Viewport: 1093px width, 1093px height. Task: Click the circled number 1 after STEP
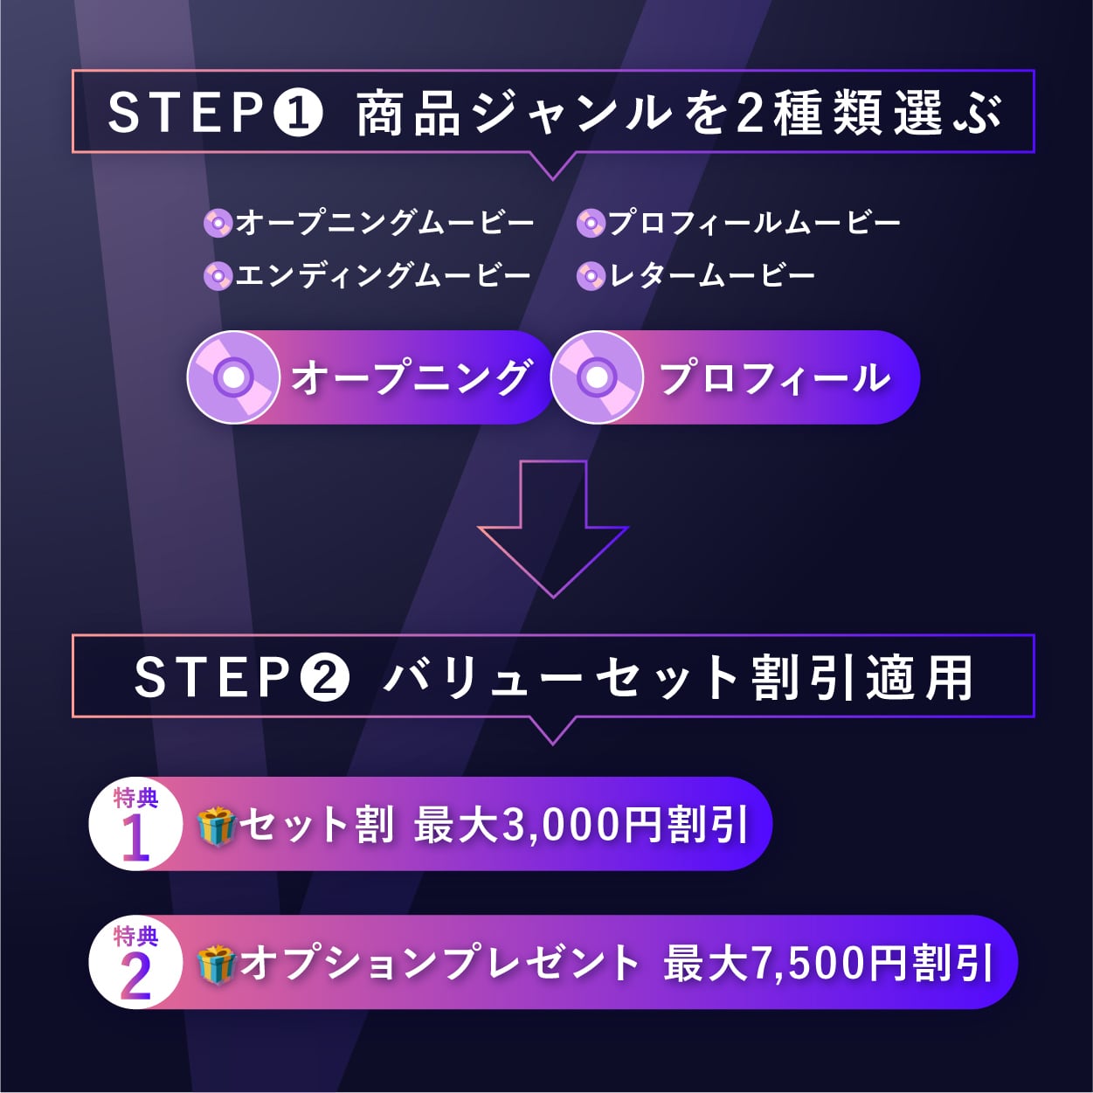(299, 114)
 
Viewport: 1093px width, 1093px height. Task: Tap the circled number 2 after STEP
(325, 678)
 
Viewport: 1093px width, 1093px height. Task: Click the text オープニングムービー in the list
(384, 223)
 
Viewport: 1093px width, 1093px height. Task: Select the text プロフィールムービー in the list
(754, 223)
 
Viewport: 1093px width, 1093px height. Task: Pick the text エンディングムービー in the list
(383, 276)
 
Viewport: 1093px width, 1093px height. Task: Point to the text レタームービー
(712, 276)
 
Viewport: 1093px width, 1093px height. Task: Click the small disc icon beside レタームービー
(591, 277)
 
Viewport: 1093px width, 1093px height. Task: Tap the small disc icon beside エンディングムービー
(218, 277)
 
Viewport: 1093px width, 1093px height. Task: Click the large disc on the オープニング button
(233, 377)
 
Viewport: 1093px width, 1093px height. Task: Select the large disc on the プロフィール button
(598, 377)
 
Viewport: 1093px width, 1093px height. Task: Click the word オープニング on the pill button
(411, 378)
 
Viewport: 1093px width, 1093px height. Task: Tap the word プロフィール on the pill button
(774, 378)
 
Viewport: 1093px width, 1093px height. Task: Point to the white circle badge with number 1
(135, 824)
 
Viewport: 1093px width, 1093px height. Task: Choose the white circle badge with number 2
(135, 963)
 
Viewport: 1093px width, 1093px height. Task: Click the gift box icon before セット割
(216, 826)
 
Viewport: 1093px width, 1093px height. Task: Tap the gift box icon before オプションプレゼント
(216, 964)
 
